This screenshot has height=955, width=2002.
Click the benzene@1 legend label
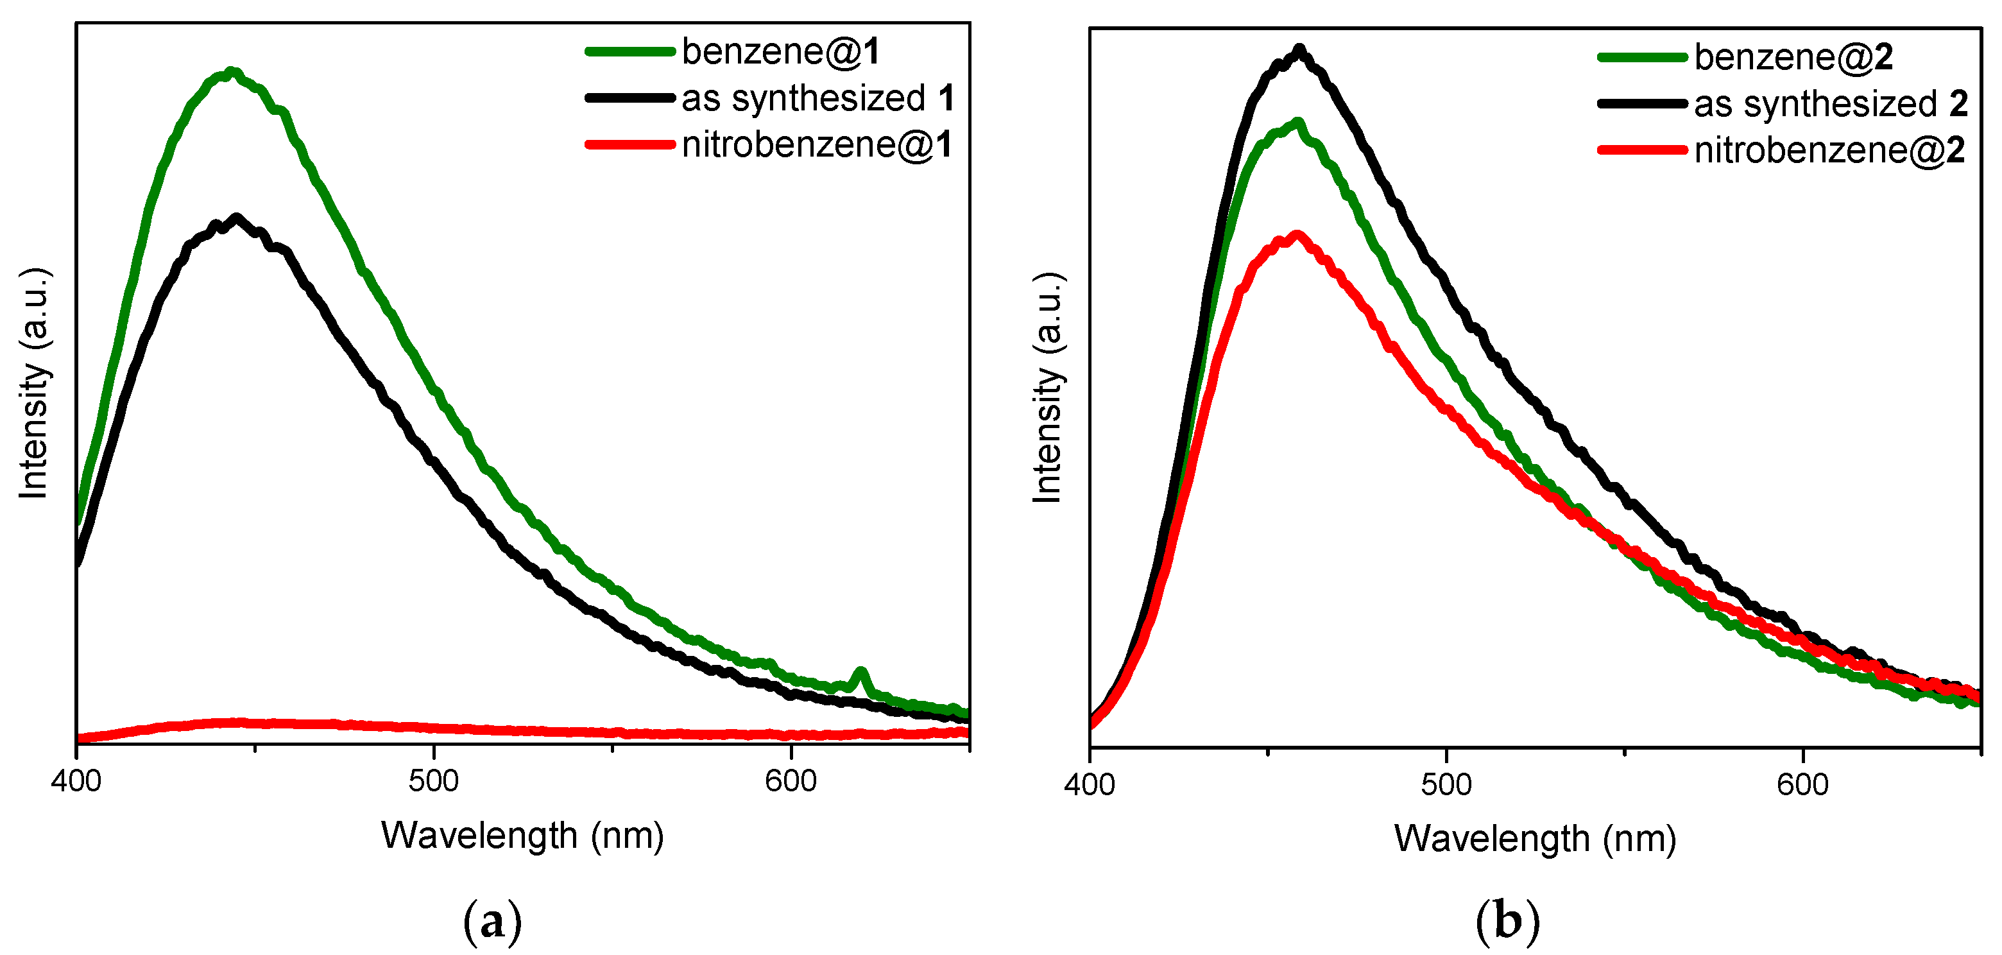pos(780,52)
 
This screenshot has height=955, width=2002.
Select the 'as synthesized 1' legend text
pos(817,99)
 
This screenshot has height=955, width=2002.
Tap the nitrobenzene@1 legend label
pos(817,145)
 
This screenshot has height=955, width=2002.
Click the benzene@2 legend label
pos(1793,58)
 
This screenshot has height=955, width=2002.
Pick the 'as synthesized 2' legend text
pos(1829,104)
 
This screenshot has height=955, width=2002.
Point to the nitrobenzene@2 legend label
pos(1829,150)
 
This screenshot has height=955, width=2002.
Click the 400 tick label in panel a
pos(76,781)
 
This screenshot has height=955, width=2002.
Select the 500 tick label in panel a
pos(434,781)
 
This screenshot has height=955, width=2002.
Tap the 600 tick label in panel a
pos(791,781)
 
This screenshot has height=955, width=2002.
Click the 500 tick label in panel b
pos(1446,784)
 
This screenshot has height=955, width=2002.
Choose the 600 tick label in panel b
pos(1802,784)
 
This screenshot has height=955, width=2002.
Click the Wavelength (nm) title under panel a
pos(522,836)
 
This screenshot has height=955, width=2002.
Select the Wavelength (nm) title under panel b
pos(1535,839)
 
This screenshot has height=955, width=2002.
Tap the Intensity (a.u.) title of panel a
pos(35,383)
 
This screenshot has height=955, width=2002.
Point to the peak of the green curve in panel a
pos(231,73)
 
